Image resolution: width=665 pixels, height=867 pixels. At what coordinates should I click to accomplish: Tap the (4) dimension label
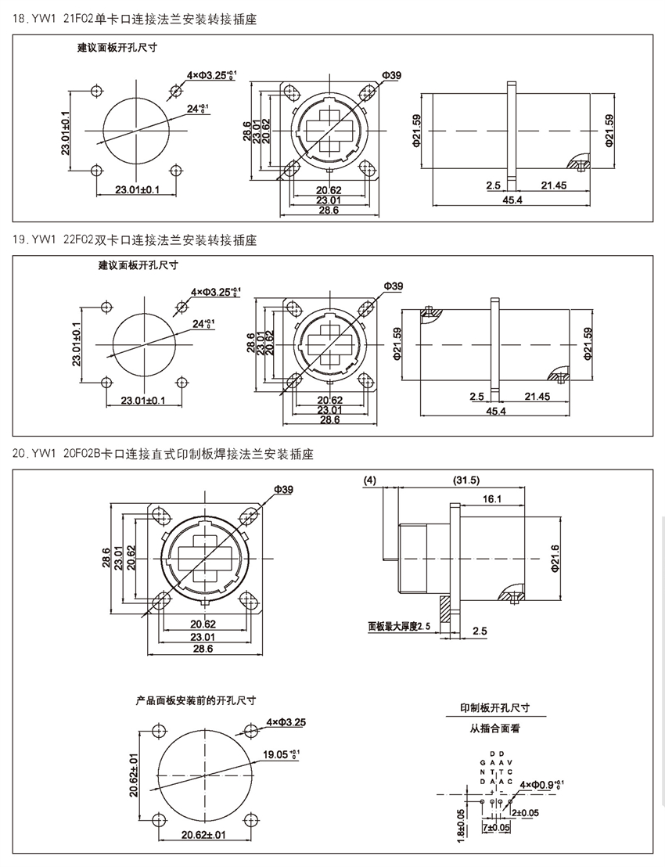(371, 480)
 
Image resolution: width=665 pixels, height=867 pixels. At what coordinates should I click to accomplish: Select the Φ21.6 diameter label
(555, 559)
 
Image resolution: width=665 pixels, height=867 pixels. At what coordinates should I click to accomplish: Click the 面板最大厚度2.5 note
(401, 627)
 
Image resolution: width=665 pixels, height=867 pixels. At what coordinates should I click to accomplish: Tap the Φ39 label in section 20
(283, 490)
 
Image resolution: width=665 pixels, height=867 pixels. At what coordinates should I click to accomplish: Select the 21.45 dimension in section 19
(537, 397)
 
